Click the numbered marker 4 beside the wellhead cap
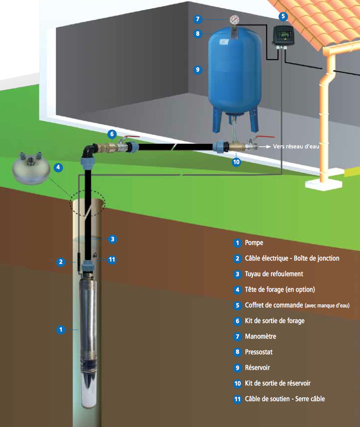(x=57, y=167)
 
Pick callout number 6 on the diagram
(x=111, y=134)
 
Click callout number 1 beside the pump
(x=61, y=329)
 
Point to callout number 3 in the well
(x=112, y=239)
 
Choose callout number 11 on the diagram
(x=112, y=259)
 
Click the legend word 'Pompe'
(x=254, y=243)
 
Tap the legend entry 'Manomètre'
(x=260, y=337)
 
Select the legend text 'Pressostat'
(x=259, y=352)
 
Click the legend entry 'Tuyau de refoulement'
(x=274, y=274)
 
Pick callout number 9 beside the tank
(x=198, y=69)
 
